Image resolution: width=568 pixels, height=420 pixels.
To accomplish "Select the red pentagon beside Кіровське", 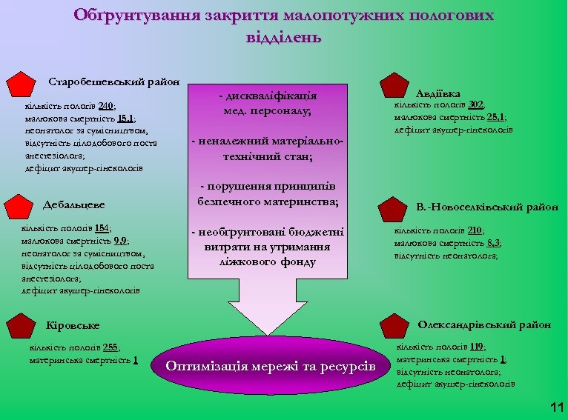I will [x=22, y=324].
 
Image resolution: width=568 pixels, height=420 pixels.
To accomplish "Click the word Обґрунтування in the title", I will [x=128, y=15].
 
